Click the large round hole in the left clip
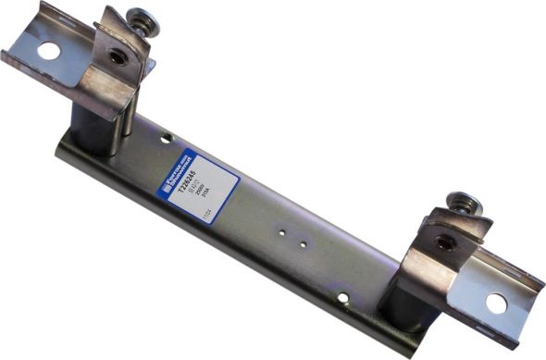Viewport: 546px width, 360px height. [45, 51]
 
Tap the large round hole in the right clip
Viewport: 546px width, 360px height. [496, 302]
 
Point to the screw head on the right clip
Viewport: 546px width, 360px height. [460, 201]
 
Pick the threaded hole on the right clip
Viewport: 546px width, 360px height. [443, 243]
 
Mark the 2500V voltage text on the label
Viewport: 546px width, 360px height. [205, 190]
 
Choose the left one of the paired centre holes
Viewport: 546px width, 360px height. [285, 235]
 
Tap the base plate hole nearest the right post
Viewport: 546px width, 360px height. [342, 297]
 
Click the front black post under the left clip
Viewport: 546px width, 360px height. [93, 130]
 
